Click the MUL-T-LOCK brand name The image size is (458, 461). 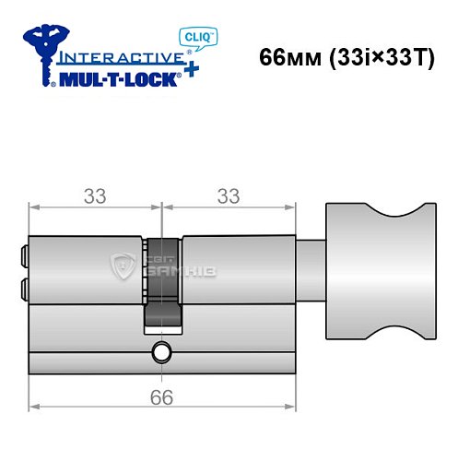tap(115, 77)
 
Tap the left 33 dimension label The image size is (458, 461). tap(95, 195)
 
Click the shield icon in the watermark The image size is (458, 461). tap(122, 268)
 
